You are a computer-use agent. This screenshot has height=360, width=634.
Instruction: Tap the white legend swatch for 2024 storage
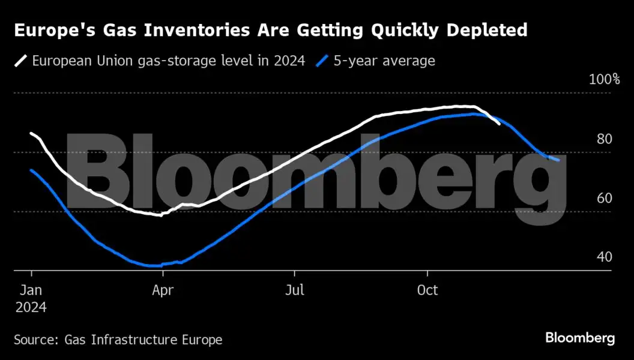[21, 61]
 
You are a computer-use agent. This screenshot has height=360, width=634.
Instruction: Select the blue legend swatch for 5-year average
[322, 61]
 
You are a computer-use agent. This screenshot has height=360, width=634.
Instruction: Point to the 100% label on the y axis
[605, 79]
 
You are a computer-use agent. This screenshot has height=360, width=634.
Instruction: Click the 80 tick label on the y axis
[605, 139]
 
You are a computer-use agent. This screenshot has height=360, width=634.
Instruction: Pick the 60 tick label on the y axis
[605, 198]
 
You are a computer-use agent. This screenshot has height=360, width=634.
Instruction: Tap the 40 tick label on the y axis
[605, 257]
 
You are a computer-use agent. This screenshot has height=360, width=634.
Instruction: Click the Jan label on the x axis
[31, 290]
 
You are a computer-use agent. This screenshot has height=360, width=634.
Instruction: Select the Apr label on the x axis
[163, 290]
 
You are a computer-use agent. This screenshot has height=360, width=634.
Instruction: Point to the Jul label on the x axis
[295, 290]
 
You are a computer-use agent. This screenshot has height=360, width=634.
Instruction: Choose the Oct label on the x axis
[427, 290]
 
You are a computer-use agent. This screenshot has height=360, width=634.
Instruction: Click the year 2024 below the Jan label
[31, 307]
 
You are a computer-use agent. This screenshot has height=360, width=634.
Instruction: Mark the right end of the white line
[500, 124]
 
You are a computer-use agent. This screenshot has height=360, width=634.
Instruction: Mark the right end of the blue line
[559, 160]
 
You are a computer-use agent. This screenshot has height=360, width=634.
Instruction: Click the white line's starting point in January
[31, 133]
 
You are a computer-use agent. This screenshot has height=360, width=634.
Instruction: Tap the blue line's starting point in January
[31, 170]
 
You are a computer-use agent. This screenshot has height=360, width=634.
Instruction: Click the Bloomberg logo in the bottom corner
[580, 338]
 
